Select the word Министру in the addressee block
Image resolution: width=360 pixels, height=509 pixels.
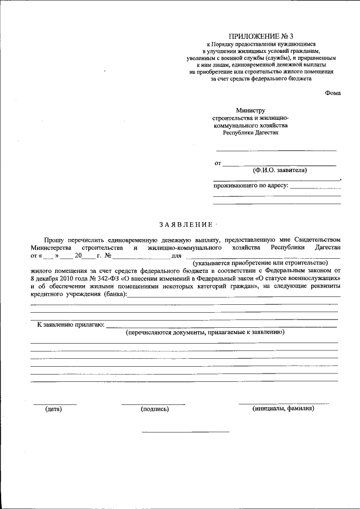click(251, 111)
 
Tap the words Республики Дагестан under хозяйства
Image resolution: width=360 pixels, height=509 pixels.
click(250, 133)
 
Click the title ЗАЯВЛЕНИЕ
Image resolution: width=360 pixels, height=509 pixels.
click(186, 224)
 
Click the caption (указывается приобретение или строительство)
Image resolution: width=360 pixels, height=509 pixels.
click(259, 263)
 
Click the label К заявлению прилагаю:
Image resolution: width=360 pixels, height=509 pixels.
click(70, 325)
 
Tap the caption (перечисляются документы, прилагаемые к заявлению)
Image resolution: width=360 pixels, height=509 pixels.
click(205, 332)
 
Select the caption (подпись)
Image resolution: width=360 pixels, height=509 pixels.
click(155, 409)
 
